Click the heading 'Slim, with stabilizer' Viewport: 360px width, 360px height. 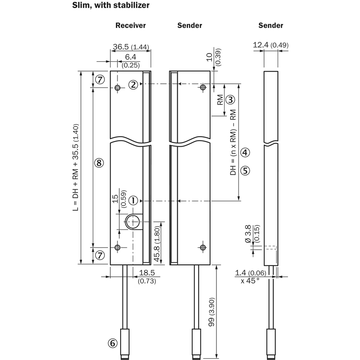(x=111, y=5)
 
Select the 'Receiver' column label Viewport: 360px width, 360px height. (x=130, y=25)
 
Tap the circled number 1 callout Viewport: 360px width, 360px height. (x=133, y=201)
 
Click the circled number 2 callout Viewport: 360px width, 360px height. (x=133, y=85)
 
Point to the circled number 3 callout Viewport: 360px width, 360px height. (x=230, y=99)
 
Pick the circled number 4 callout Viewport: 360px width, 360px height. (x=245, y=152)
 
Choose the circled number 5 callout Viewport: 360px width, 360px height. (x=245, y=171)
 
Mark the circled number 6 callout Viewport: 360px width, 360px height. (x=112, y=343)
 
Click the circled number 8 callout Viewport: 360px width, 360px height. (x=99, y=163)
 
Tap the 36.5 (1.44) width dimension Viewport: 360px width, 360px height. (x=131, y=47)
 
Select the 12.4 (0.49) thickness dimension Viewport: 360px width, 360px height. (x=271, y=45)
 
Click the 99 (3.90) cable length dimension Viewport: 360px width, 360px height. (x=211, y=312)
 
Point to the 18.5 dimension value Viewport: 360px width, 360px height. (x=147, y=273)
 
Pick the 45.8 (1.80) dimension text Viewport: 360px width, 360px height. (x=157, y=244)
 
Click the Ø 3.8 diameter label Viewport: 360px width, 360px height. (x=248, y=234)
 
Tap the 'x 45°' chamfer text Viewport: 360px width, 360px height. (x=250, y=280)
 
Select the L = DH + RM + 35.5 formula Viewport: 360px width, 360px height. (x=76, y=167)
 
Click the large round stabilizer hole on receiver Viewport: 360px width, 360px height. (x=133, y=222)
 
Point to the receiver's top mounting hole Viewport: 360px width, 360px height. (x=117, y=87)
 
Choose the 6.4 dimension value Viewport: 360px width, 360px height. (x=130, y=57)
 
